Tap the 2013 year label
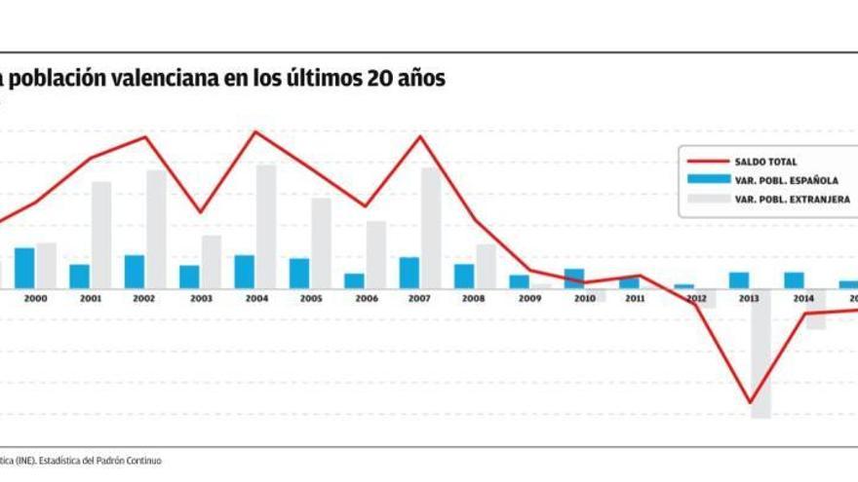(751, 299)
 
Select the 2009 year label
(530, 299)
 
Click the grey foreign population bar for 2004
(265, 227)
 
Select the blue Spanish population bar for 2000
(24, 268)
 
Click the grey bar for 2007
(430, 228)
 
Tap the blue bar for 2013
(739, 280)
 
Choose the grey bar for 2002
(156, 230)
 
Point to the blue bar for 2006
(354, 281)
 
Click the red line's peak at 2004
(255, 131)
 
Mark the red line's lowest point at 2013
(750, 402)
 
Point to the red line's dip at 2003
(201, 212)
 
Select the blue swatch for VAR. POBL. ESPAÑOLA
(708, 179)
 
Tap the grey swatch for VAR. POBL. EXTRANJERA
(708, 198)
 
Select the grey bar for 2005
(321, 243)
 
